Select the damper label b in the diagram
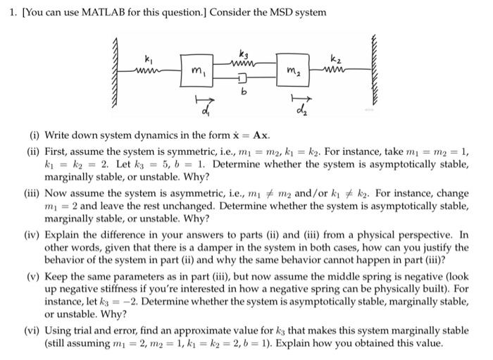pyautogui.click(x=244, y=90)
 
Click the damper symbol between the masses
pyautogui.click(x=244, y=76)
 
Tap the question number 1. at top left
pyautogui.click(x=6, y=13)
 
